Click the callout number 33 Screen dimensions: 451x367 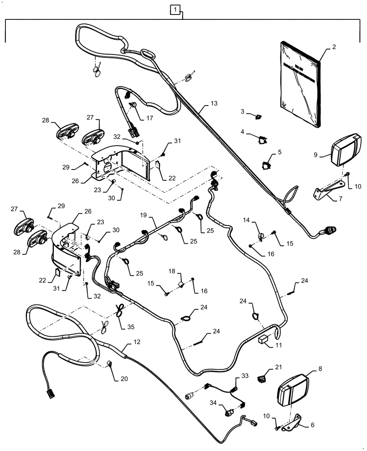click(245, 375)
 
